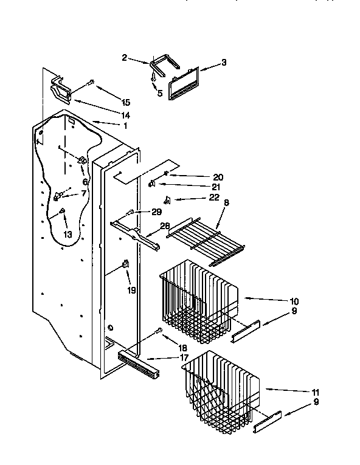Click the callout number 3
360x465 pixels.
coord(224,61)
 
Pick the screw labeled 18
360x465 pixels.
coord(159,331)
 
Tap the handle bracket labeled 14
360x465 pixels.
coord(61,90)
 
